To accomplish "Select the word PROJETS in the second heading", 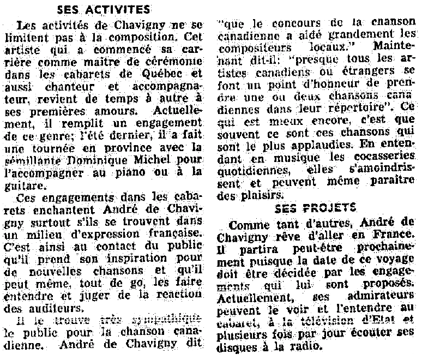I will click(335, 208).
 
